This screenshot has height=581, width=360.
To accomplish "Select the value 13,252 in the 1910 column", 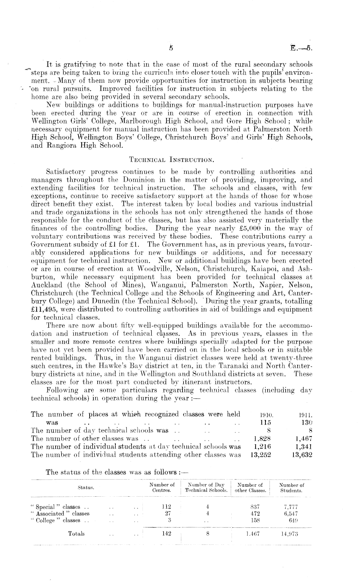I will [260, 455].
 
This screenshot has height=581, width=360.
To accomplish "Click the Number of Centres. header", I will [162, 487].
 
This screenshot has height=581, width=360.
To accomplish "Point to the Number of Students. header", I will [291, 487].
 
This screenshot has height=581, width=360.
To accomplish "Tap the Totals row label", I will [76, 534].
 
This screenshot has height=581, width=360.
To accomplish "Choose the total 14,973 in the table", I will [289, 534].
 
